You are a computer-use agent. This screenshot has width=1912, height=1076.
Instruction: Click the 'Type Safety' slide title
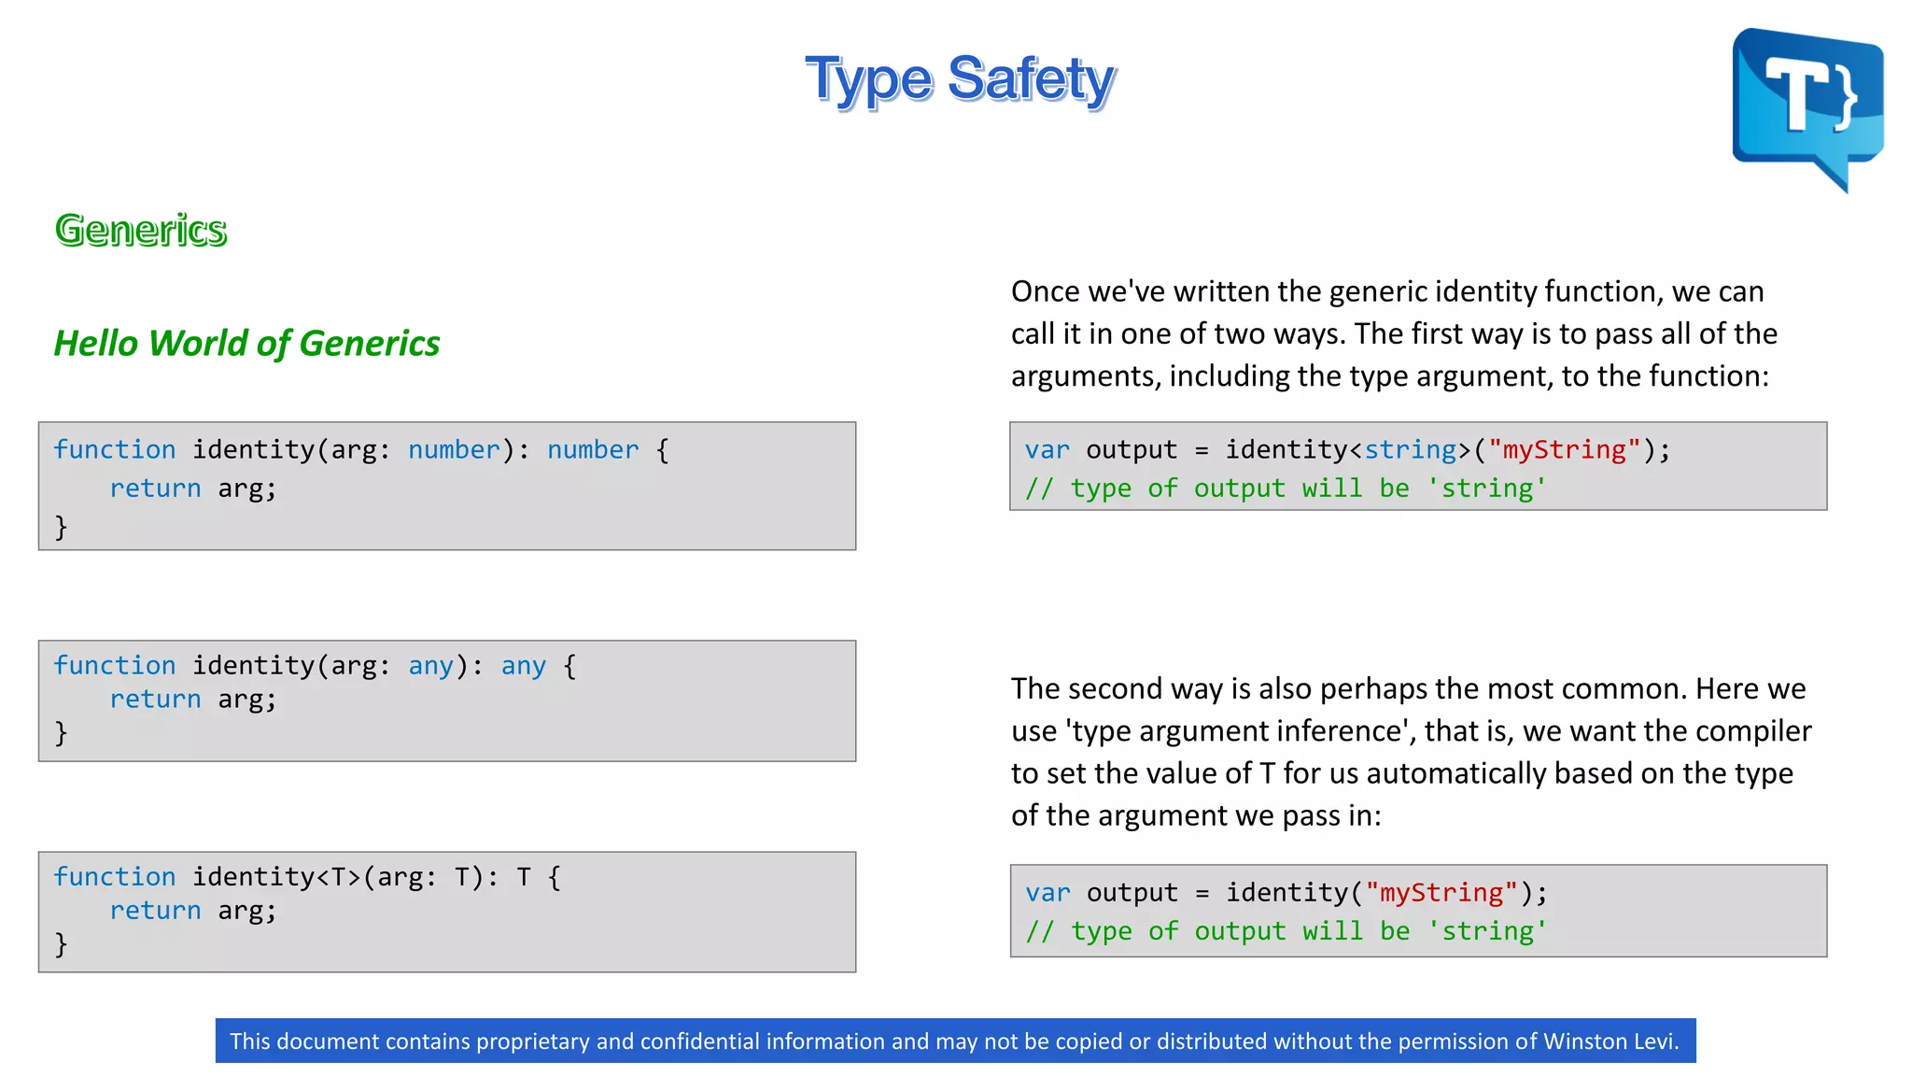[x=960, y=79]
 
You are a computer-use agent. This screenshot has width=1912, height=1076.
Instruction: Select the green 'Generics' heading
[x=141, y=230]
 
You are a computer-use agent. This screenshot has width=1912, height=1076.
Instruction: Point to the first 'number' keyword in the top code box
[x=454, y=450]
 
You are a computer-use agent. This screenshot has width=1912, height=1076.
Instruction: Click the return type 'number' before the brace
[x=593, y=450]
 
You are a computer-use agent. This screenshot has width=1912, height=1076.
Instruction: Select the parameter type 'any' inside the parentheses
[x=430, y=666]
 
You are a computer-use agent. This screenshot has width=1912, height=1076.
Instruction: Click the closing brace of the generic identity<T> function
[x=61, y=944]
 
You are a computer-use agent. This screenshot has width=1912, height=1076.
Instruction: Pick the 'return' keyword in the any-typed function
[x=155, y=700]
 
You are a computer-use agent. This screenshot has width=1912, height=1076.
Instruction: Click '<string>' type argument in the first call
[x=1410, y=450]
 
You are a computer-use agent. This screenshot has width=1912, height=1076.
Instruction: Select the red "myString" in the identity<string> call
[x=1564, y=450]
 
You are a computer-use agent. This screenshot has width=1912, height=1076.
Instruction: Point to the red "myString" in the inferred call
[x=1441, y=893]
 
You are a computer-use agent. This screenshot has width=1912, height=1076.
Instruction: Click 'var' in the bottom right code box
[x=1047, y=893]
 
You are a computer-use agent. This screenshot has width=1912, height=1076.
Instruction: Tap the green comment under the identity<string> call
[x=1286, y=488]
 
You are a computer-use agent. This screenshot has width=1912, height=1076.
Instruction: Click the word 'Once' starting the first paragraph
[x=1045, y=291]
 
